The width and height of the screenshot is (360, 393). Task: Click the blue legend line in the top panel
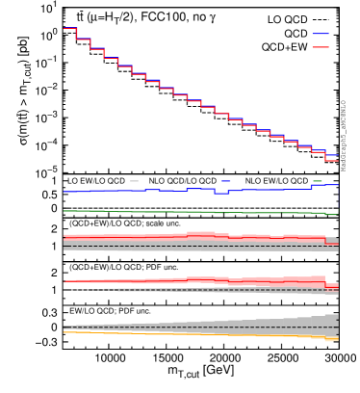(x=321, y=34)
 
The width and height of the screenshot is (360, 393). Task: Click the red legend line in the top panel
(x=321, y=47)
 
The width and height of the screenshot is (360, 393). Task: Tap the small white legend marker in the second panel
(x=134, y=181)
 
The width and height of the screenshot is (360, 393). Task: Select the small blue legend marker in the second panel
(x=225, y=181)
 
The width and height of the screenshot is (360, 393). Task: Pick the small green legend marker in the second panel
(x=317, y=181)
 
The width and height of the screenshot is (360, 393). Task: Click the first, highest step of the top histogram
(x=69, y=28)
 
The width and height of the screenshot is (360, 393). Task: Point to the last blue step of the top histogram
(x=332, y=154)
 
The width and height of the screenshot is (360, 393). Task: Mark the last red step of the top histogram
(x=332, y=160)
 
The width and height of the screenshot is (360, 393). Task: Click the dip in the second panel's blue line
(x=221, y=194)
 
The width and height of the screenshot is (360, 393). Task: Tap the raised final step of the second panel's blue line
(x=324, y=185)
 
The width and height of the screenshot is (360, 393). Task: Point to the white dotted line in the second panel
(x=193, y=208)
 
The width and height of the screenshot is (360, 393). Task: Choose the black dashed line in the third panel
(x=193, y=246)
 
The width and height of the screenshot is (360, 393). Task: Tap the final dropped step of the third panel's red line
(x=332, y=244)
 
